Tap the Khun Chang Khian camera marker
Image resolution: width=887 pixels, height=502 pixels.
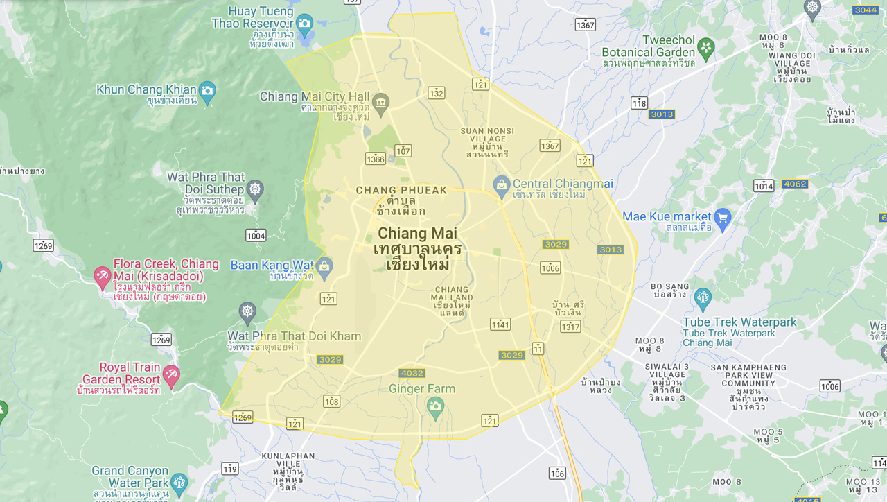(207, 90)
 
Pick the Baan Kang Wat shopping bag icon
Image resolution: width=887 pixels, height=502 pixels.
(324, 266)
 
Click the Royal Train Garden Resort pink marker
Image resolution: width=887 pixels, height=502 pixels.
(170, 374)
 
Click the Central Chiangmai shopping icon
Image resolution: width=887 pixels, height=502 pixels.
(501, 184)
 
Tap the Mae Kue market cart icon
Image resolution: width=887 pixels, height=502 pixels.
(723, 217)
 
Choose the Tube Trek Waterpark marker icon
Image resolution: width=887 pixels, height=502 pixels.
(703, 297)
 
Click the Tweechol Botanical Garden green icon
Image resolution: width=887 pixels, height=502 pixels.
(705, 47)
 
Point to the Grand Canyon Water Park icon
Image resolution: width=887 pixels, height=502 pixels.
(179, 482)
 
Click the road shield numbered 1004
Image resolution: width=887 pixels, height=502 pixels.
(256, 236)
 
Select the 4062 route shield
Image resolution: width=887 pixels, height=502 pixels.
(794, 184)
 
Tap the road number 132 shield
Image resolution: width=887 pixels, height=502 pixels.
(436, 93)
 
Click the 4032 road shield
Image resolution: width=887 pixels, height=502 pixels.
(412, 373)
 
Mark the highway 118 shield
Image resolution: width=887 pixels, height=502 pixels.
(639, 103)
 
